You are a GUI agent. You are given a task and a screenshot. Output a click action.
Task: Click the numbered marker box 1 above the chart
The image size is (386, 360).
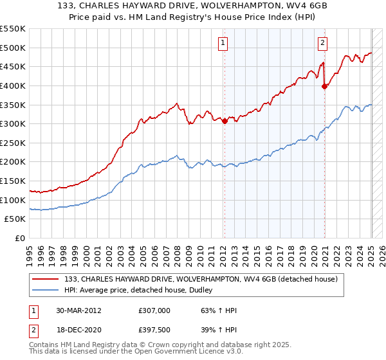(222, 43)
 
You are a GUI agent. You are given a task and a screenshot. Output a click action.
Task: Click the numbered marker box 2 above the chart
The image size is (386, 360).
(322, 43)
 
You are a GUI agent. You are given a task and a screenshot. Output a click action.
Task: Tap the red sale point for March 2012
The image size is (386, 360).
(225, 121)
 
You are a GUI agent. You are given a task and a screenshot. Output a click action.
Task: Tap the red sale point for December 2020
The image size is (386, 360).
(325, 87)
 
